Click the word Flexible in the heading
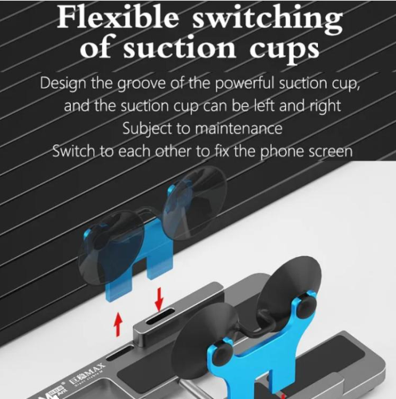[x=118, y=18]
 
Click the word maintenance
[x=238, y=128]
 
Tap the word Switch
[x=73, y=151]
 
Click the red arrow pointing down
[x=159, y=299]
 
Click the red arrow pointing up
[x=119, y=325]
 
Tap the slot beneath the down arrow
[x=160, y=316]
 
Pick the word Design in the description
[x=63, y=85]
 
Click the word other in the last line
[x=173, y=151]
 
